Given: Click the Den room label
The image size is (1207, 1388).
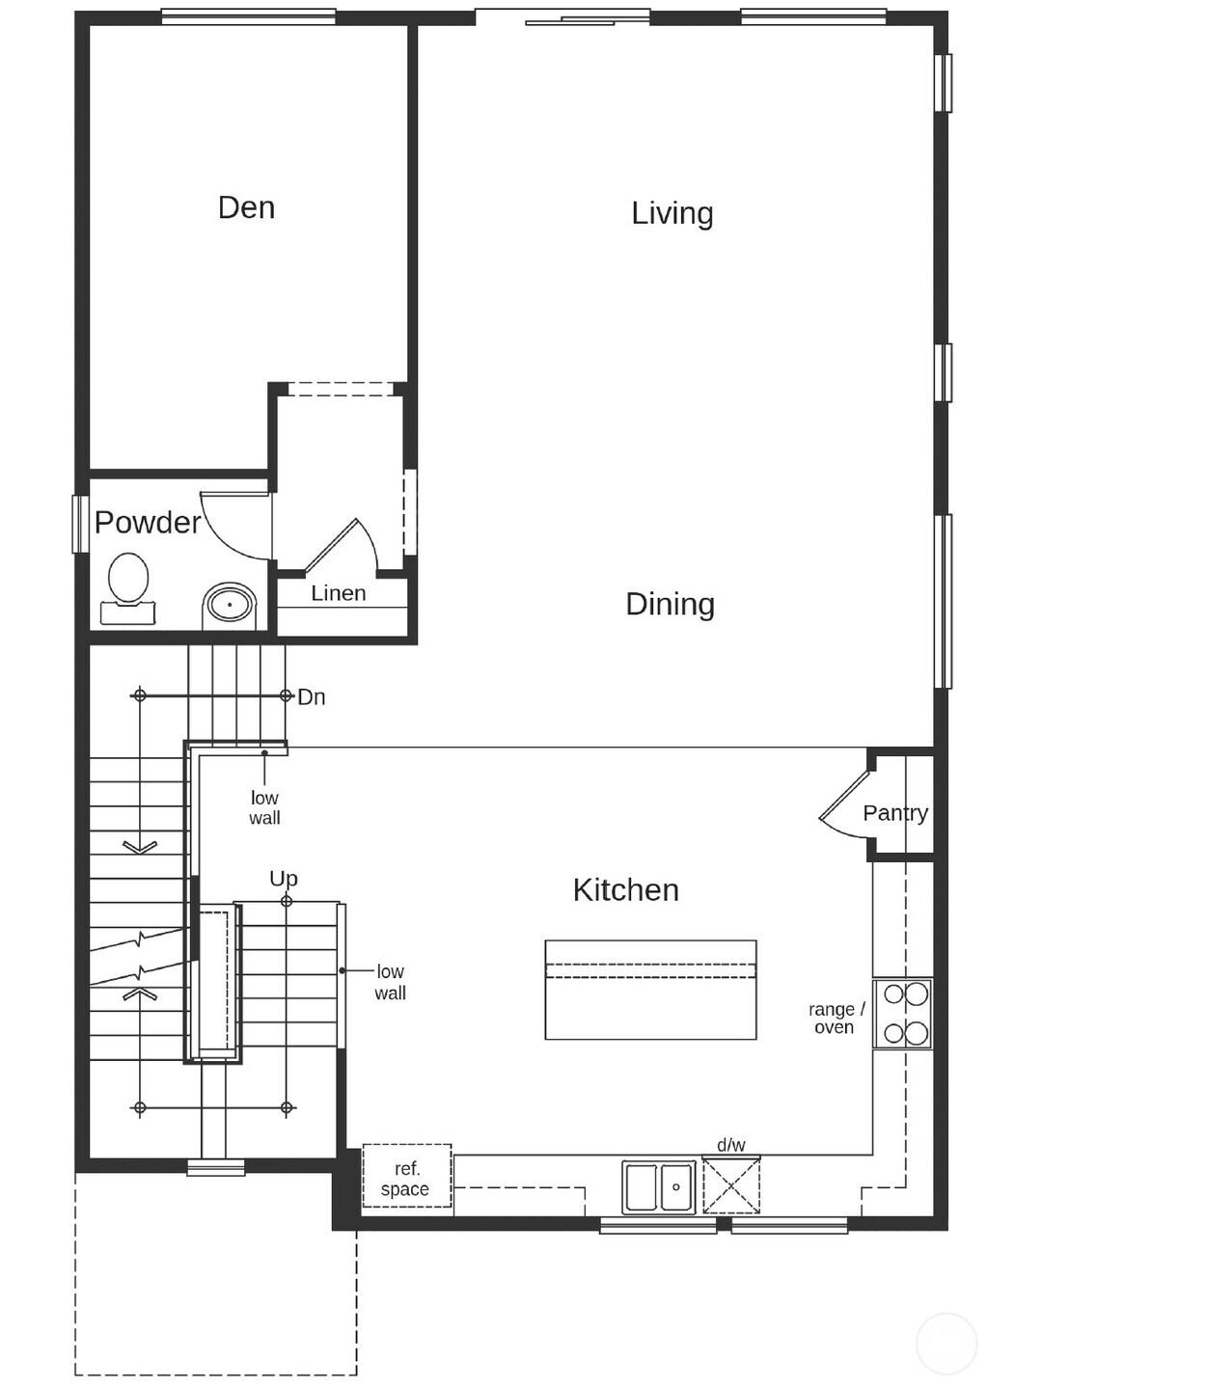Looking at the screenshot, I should click(246, 207).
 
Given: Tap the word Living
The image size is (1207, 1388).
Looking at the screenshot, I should click(672, 213).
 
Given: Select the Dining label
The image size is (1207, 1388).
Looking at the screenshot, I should click(670, 604).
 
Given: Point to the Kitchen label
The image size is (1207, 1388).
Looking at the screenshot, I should click(625, 889).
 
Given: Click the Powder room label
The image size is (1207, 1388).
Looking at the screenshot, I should click(147, 522).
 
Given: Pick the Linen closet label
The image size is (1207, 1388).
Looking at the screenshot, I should click(338, 593).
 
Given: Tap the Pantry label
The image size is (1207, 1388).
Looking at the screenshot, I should click(894, 813).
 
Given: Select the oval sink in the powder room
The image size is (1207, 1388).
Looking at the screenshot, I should click(230, 606).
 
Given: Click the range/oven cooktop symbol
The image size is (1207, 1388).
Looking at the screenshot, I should click(904, 1014).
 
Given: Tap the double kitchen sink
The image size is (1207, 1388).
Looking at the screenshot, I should click(659, 1186).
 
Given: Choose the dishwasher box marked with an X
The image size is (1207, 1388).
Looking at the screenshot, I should click(731, 1185).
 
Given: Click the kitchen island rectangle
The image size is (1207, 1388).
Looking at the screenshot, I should click(650, 991).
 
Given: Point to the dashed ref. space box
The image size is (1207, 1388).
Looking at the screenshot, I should click(406, 1176).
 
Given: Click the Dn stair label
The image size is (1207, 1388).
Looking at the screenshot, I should click(311, 696).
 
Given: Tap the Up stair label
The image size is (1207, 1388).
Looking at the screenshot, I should click(283, 879).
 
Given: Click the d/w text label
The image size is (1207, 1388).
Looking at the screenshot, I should click(730, 1145).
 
